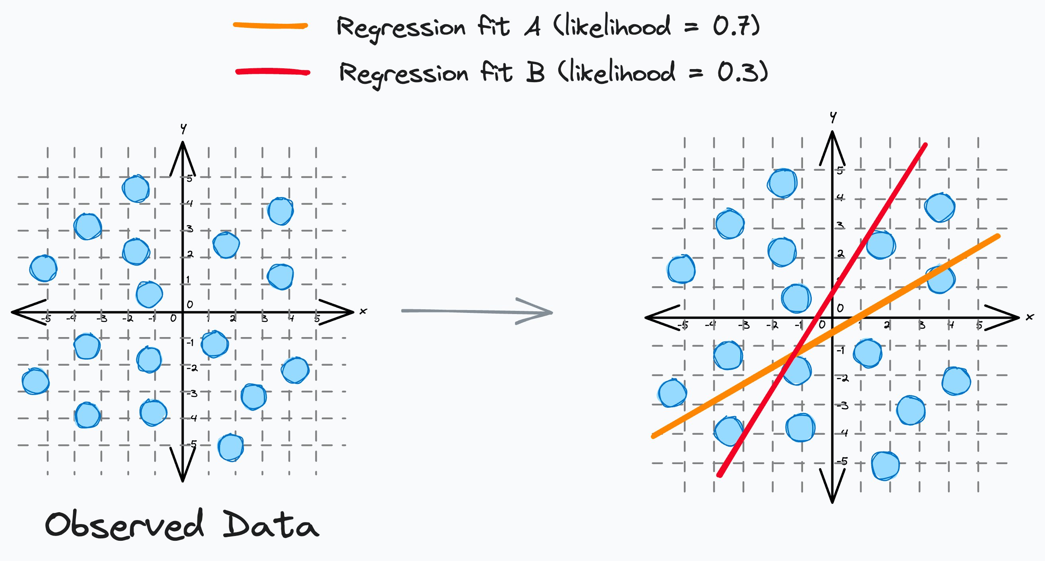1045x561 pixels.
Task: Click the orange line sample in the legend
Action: [270, 26]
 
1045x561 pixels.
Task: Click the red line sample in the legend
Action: [273, 72]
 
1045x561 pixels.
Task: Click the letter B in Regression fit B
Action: [536, 73]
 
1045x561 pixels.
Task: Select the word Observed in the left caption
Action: [124, 525]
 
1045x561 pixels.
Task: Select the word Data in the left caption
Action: [270, 525]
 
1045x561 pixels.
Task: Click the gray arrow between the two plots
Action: [477, 311]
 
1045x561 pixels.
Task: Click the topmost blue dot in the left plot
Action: [136, 189]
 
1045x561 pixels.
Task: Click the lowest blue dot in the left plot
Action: [231, 447]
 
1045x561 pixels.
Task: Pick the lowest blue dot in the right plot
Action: [886, 466]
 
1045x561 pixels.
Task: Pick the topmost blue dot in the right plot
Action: [782, 183]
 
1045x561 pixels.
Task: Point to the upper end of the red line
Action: [925, 145]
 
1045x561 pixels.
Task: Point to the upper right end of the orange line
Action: [998, 236]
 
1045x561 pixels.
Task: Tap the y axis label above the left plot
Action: [183, 129]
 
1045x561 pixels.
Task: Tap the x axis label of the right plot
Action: [1030, 317]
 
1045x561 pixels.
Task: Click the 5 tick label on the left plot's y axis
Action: [190, 178]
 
